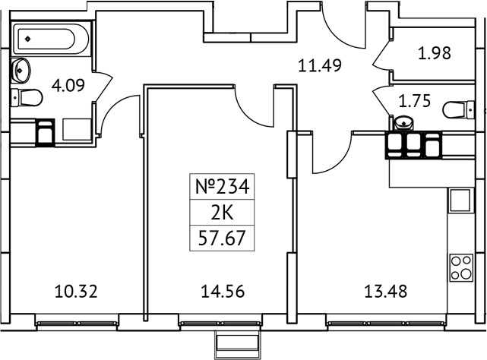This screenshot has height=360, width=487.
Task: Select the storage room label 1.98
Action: pyautogui.click(x=435, y=54)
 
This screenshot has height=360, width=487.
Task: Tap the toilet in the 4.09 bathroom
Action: pyautogui.click(x=28, y=97)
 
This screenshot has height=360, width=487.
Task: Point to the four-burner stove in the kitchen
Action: pyautogui.click(x=460, y=267)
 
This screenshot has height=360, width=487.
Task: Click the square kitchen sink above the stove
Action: pyautogui.click(x=460, y=201)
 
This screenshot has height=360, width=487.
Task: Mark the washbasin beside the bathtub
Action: pyautogui.click(x=21, y=70)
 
